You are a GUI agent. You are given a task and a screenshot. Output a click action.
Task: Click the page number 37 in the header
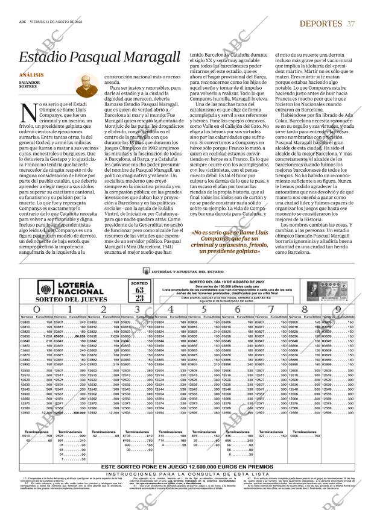click(x=351, y=23)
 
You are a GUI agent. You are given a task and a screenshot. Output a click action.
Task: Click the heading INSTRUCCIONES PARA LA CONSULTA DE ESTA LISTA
click(x=187, y=474)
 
